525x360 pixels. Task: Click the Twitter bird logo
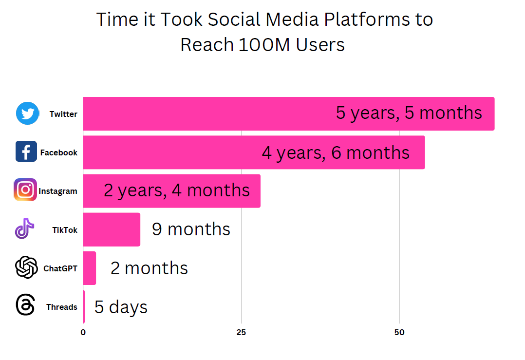[x=27, y=114]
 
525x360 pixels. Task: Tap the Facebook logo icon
[x=26, y=152]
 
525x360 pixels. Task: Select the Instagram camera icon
[x=25, y=189]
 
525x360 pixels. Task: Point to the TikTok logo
[x=24, y=228]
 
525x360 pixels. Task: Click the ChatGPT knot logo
[x=26, y=267]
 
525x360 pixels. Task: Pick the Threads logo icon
[x=25, y=305]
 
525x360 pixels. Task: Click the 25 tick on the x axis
[x=241, y=332]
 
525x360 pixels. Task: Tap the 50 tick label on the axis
[x=399, y=332]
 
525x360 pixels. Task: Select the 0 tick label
[x=83, y=332]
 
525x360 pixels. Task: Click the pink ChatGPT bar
[x=90, y=268]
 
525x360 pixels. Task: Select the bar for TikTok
[x=112, y=229]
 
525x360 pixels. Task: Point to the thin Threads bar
[x=84, y=307]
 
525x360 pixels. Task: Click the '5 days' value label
[x=121, y=307]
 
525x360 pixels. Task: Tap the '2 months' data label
[x=150, y=268]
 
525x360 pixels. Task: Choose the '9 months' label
[x=191, y=229]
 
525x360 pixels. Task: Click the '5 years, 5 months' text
[x=409, y=113]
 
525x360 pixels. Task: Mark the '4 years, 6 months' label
[x=336, y=153]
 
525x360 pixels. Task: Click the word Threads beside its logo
[x=61, y=307]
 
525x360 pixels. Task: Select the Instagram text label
[x=58, y=191]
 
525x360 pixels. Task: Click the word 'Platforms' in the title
[x=367, y=19]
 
